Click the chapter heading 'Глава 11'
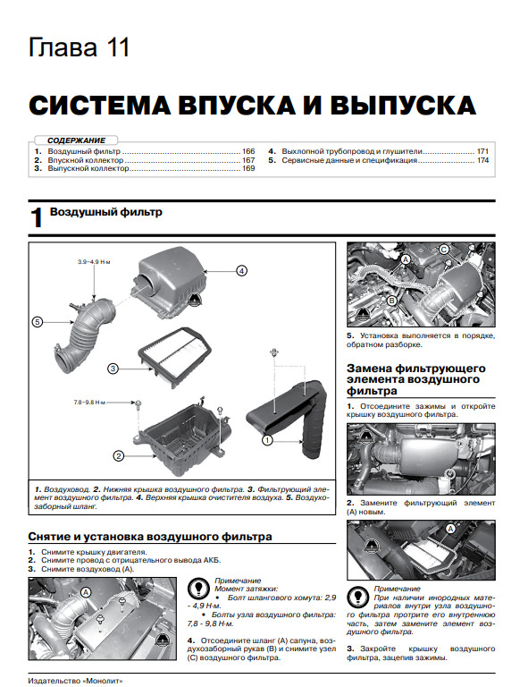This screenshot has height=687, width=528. [80, 47]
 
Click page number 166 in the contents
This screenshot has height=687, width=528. [248, 151]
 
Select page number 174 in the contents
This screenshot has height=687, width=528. [482, 160]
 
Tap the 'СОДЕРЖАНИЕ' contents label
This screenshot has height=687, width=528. [76, 140]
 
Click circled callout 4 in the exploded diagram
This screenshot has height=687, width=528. [241, 271]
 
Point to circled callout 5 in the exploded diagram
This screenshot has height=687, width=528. [38, 322]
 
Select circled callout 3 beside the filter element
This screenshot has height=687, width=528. [113, 369]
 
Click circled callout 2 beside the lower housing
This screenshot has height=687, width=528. [119, 456]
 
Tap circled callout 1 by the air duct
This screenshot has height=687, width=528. [267, 440]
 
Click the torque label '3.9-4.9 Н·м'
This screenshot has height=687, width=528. [94, 262]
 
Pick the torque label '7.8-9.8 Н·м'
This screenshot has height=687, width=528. [89, 402]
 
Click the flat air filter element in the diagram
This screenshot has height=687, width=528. [175, 357]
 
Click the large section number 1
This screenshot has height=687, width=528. [37, 217]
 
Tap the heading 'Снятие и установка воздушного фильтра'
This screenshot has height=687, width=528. [150, 537]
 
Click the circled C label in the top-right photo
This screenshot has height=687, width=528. [444, 250]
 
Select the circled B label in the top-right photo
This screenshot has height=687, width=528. [392, 301]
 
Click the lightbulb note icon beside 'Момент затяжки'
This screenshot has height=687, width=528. [198, 589]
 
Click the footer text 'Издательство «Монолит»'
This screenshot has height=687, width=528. [75, 682]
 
